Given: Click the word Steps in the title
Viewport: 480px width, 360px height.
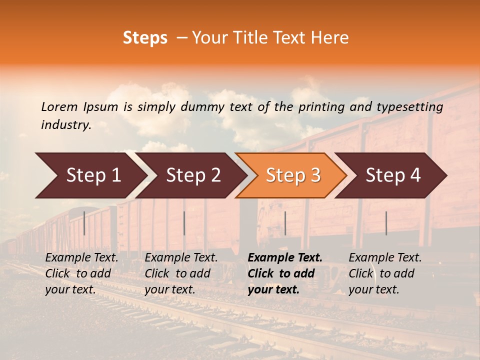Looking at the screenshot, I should [x=145, y=38].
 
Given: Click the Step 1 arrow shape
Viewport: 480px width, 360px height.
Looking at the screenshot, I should [x=93, y=175].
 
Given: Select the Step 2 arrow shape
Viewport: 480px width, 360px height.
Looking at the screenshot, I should [x=193, y=175].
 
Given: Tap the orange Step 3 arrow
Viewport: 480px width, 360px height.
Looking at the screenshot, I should [x=293, y=175].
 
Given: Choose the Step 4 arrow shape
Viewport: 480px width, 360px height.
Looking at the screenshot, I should [x=393, y=175].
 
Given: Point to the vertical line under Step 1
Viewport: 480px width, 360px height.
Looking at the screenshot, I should [x=84, y=223].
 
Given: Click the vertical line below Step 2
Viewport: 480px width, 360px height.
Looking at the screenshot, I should [x=184, y=223].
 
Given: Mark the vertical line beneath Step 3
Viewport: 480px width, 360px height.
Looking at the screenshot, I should [x=285, y=223].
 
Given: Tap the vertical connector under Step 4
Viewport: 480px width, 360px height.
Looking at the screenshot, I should [x=386, y=223].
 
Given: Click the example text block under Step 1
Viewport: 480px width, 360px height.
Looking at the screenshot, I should [x=81, y=273].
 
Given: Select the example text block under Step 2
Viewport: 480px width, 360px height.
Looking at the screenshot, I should [x=181, y=273].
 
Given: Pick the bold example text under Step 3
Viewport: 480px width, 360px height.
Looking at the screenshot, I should [x=285, y=273].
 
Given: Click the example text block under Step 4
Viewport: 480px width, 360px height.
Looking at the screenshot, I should [x=385, y=273].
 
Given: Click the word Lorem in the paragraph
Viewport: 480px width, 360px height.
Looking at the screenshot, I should [x=59, y=107].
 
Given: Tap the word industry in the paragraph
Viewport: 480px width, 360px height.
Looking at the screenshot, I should [x=65, y=125].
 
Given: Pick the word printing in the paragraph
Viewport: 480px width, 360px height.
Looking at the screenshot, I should [x=320, y=107].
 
